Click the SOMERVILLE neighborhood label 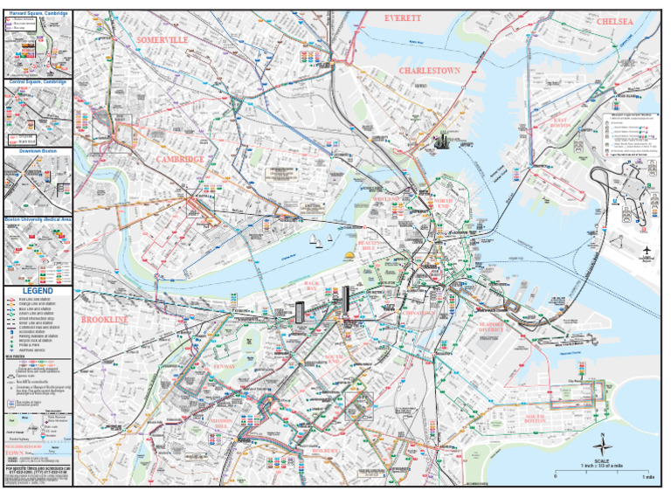click(163, 40)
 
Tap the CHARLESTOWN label click(429, 70)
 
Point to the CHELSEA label click(620, 20)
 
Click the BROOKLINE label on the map click(104, 320)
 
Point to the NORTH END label click(441, 204)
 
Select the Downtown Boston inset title click(37, 150)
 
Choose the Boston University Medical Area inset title click(37, 220)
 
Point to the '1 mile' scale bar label click(647, 476)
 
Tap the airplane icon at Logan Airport click(647, 250)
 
